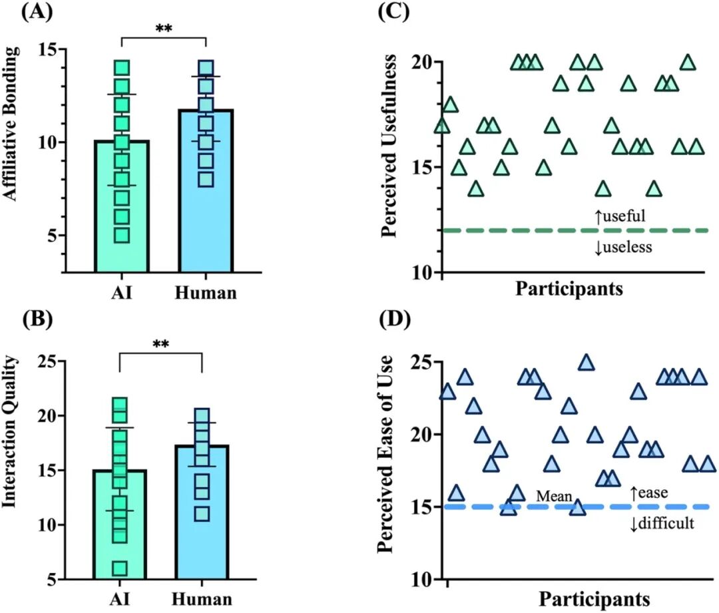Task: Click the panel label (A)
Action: pyautogui.click(x=37, y=11)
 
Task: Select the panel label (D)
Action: pyautogui.click(x=395, y=319)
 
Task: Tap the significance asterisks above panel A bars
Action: pyautogui.click(x=164, y=29)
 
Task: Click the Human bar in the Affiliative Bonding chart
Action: pyautogui.click(x=206, y=191)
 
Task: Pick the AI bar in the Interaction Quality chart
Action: pyautogui.click(x=120, y=524)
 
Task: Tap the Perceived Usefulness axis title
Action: pyautogui.click(x=389, y=146)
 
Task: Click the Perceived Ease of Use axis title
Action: pyautogui.click(x=385, y=454)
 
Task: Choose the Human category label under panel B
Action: pyautogui.click(x=202, y=599)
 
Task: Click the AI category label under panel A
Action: pyautogui.click(x=122, y=292)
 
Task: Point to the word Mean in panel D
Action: pyautogui.click(x=555, y=496)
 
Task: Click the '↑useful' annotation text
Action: pyautogui.click(x=620, y=216)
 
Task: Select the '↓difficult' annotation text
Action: pyautogui.click(x=662, y=523)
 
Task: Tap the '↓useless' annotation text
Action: pyautogui.click(x=623, y=248)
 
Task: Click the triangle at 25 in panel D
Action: pyautogui.click(x=587, y=363)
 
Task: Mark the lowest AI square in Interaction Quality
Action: pyautogui.click(x=120, y=568)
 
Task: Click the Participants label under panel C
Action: pyautogui.click(x=569, y=288)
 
